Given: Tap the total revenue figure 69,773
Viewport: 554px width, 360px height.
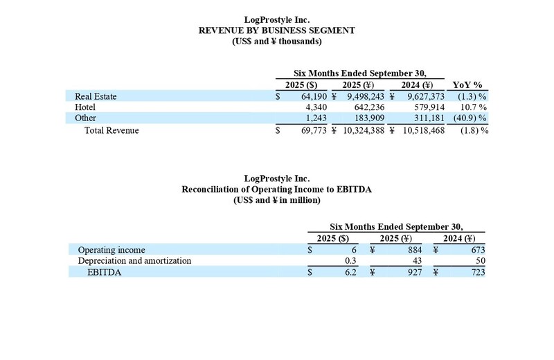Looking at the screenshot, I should coord(313,130).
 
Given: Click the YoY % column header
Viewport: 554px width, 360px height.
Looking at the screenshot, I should coord(467,85).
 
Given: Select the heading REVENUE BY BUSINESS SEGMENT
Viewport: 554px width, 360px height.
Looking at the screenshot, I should coord(277,30).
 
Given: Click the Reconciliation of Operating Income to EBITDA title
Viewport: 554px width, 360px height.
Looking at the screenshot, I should coord(277,189).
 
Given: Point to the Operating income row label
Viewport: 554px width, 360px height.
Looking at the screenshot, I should coord(111,250).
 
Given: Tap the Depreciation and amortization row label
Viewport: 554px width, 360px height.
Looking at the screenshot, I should coord(134,261).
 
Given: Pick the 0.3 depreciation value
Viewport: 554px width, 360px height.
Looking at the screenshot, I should coord(351,261).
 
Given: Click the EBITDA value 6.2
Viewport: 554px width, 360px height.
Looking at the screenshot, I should coord(350,272).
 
